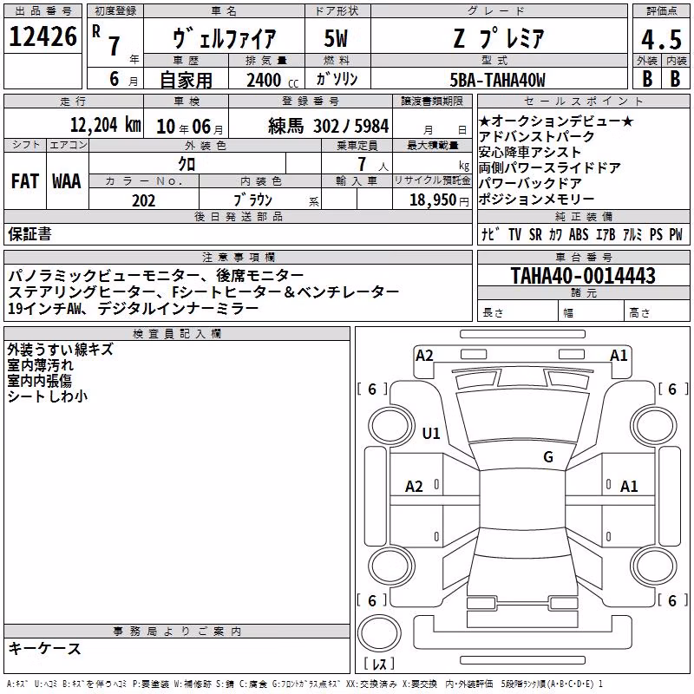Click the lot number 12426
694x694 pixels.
point(43,36)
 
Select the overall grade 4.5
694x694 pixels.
point(661,39)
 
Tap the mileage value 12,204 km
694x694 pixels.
point(105,125)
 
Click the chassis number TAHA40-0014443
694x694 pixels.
point(583,275)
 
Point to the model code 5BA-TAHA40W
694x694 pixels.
point(497,80)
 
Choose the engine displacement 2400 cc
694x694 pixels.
point(272,80)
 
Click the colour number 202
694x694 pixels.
point(143,200)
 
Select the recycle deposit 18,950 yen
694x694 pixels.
point(439,200)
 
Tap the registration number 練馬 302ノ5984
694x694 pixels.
point(329,126)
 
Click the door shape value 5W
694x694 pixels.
point(336,38)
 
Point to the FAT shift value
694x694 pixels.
point(25,181)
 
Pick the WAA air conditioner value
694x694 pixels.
point(67,181)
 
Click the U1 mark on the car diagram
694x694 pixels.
point(431,433)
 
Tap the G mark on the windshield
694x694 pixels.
point(548,456)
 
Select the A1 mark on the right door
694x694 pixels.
point(629,487)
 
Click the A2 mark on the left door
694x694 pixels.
point(414,487)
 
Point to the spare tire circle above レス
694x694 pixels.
point(379,632)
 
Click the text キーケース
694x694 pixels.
point(45,648)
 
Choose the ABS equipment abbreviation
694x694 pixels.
point(579,234)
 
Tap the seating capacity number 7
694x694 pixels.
point(362,164)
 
